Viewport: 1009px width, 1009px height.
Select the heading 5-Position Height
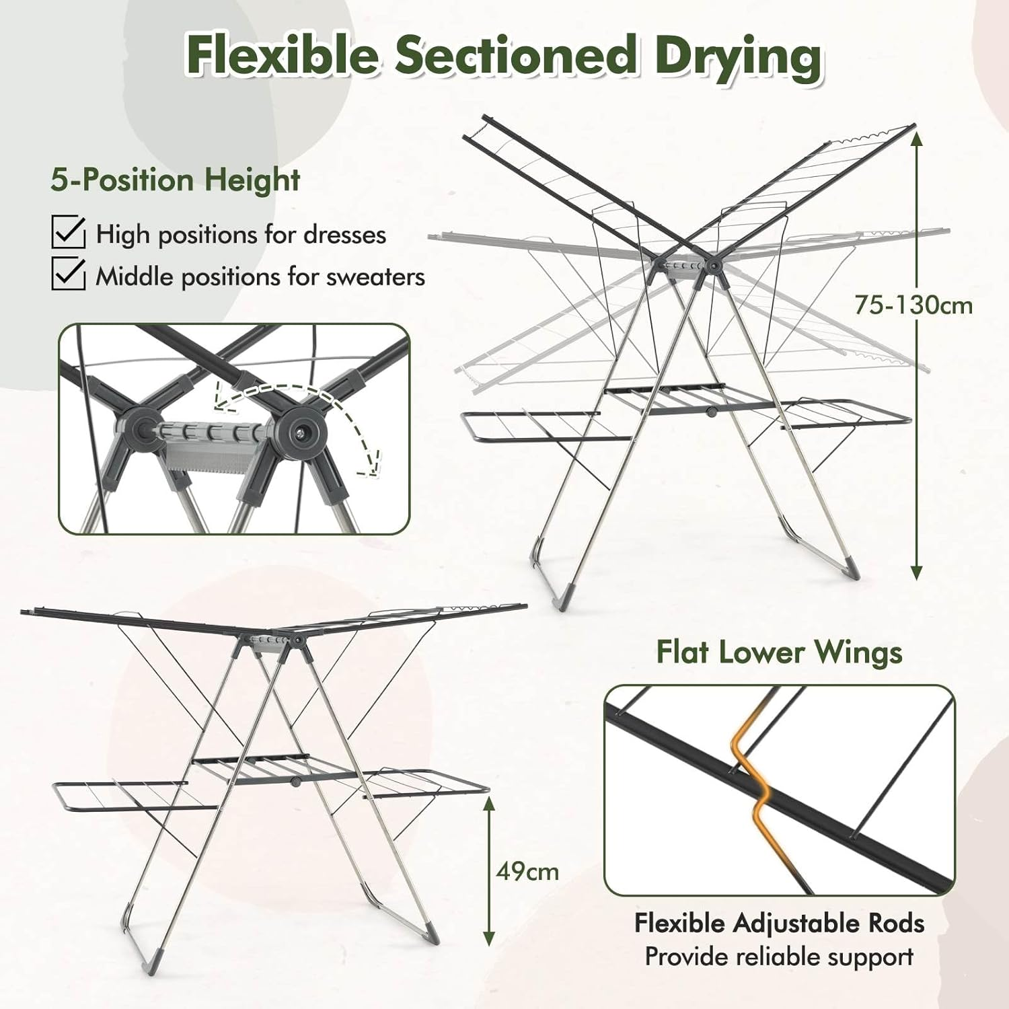175,180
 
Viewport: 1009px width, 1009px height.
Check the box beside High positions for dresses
68,232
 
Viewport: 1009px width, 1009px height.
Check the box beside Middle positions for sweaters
68,274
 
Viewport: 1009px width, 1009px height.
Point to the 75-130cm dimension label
913,305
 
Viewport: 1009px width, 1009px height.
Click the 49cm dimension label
527,871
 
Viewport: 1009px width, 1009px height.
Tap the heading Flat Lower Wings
779,652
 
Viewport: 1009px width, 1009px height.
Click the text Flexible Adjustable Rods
779,923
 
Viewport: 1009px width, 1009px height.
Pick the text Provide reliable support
779,957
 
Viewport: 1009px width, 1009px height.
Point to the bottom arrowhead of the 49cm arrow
489,938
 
